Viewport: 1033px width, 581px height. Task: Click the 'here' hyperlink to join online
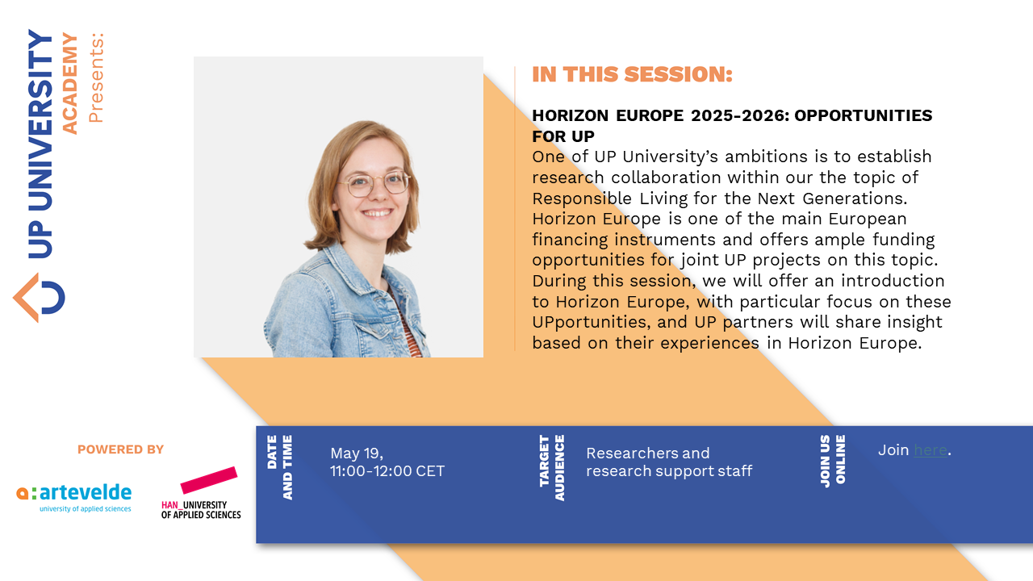[931, 450]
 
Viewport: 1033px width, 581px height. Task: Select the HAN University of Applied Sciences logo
[202, 493]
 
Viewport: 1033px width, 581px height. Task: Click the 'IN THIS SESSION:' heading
[632, 75]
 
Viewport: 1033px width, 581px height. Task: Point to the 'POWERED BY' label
[120, 449]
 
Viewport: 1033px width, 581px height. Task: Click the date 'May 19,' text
[357, 453]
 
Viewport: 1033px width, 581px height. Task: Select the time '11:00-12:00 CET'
[387, 471]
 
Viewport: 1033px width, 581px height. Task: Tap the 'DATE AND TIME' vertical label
[279, 467]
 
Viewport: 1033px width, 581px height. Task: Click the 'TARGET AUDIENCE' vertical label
[552, 467]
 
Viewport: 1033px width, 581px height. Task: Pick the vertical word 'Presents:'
[96, 77]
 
